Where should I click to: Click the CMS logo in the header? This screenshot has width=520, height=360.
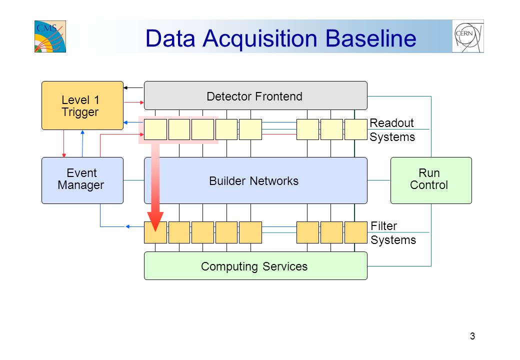coord(50,36)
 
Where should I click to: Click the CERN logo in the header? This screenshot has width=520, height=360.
coord(468,36)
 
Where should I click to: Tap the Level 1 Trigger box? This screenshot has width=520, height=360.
coord(82,105)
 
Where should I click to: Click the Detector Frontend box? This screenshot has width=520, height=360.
coord(255,95)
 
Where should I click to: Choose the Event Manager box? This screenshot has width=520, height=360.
coord(82,180)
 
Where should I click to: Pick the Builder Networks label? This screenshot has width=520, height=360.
coord(253,181)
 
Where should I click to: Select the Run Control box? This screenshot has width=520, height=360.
coord(431,180)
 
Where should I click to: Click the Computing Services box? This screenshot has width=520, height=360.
coord(255,266)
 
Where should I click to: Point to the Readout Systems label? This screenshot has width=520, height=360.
coord(392,130)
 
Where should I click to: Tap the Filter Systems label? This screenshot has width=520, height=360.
coord(393,233)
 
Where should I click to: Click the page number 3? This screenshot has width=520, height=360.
coord(472,336)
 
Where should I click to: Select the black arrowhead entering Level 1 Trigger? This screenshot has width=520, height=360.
coord(125,88)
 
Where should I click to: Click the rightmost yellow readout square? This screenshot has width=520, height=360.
coord(356,129)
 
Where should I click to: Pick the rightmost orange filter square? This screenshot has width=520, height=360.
coord(356,232)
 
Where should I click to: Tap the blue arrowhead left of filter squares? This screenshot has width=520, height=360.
coord(127,226)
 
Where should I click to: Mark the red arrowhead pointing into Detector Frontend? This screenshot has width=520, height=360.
coord(142,103)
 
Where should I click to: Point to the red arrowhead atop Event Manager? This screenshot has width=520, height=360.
coord(64,155)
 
